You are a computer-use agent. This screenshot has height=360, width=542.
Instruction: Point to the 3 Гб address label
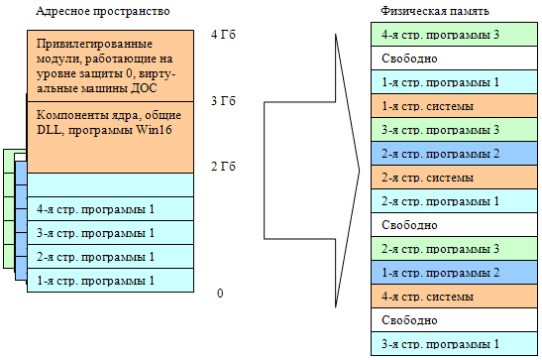[x=225, y=101]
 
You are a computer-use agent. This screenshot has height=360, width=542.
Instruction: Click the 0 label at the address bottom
[x=220, y=294]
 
